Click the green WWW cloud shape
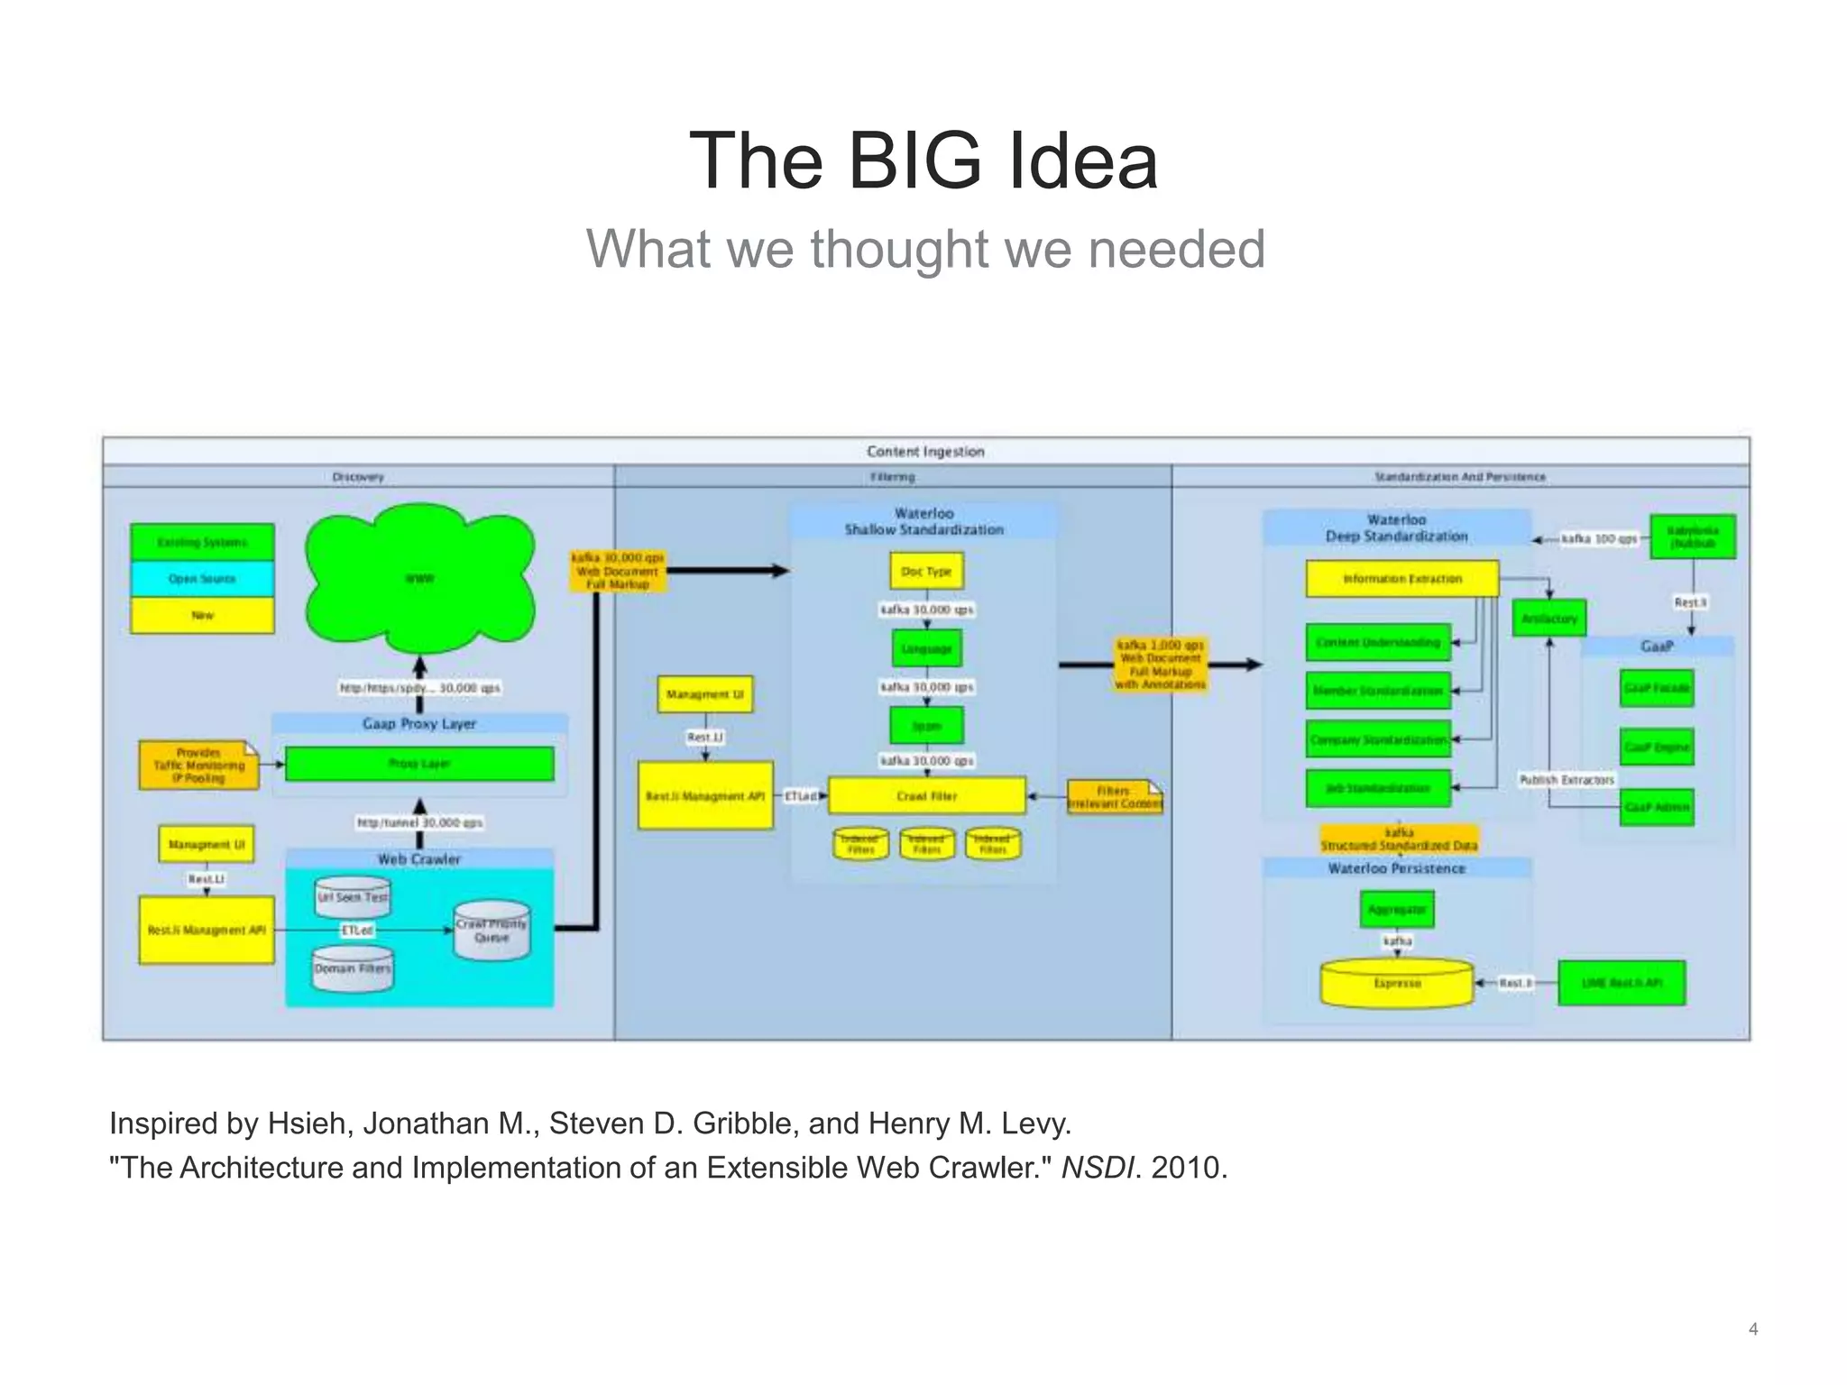tap(419, 578)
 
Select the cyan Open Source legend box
tap(202, 579)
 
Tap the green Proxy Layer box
tap(419, 764)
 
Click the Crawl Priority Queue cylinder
tap(492, 931)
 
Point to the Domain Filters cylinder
tap(353, 968)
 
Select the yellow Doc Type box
tap(926, 572)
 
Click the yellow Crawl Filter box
tap(926, 796)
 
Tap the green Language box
tap(926, 648)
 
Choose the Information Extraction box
tap(1402, 579)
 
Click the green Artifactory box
tap(1548, 619)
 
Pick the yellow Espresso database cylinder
tap(1397, 983)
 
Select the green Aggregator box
tap(1396, 910)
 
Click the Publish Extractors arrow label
tap(1567, 780)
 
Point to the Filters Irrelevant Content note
tap(1115, 797)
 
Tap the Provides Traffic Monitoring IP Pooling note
tap(198, 766)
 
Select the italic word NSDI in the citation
tap(1097, 1168)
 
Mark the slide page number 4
tap(1753, 1328)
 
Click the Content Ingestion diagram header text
tap(925, 452)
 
